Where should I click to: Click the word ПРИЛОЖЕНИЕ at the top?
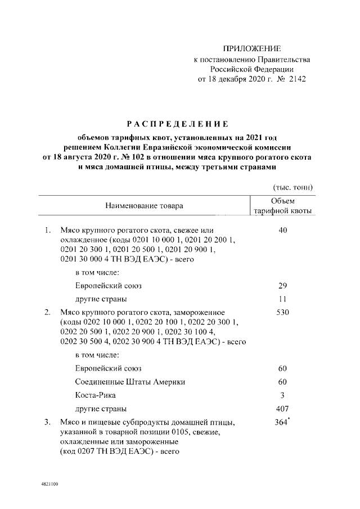coord(251,48)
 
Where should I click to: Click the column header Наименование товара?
coord(145,206)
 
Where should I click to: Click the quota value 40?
coord(282,230)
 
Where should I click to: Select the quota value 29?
coord(282,286)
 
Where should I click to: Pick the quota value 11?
coord(282,299)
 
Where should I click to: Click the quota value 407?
coord(282,408)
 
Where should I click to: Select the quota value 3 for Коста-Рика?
coord(282,395)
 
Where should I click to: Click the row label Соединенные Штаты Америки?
coord(130,382)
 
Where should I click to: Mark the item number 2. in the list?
coord(48,312)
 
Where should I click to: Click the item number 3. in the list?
coord(48,422)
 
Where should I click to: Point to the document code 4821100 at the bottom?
coord(49,484)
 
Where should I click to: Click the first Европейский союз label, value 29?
coord(108,286)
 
